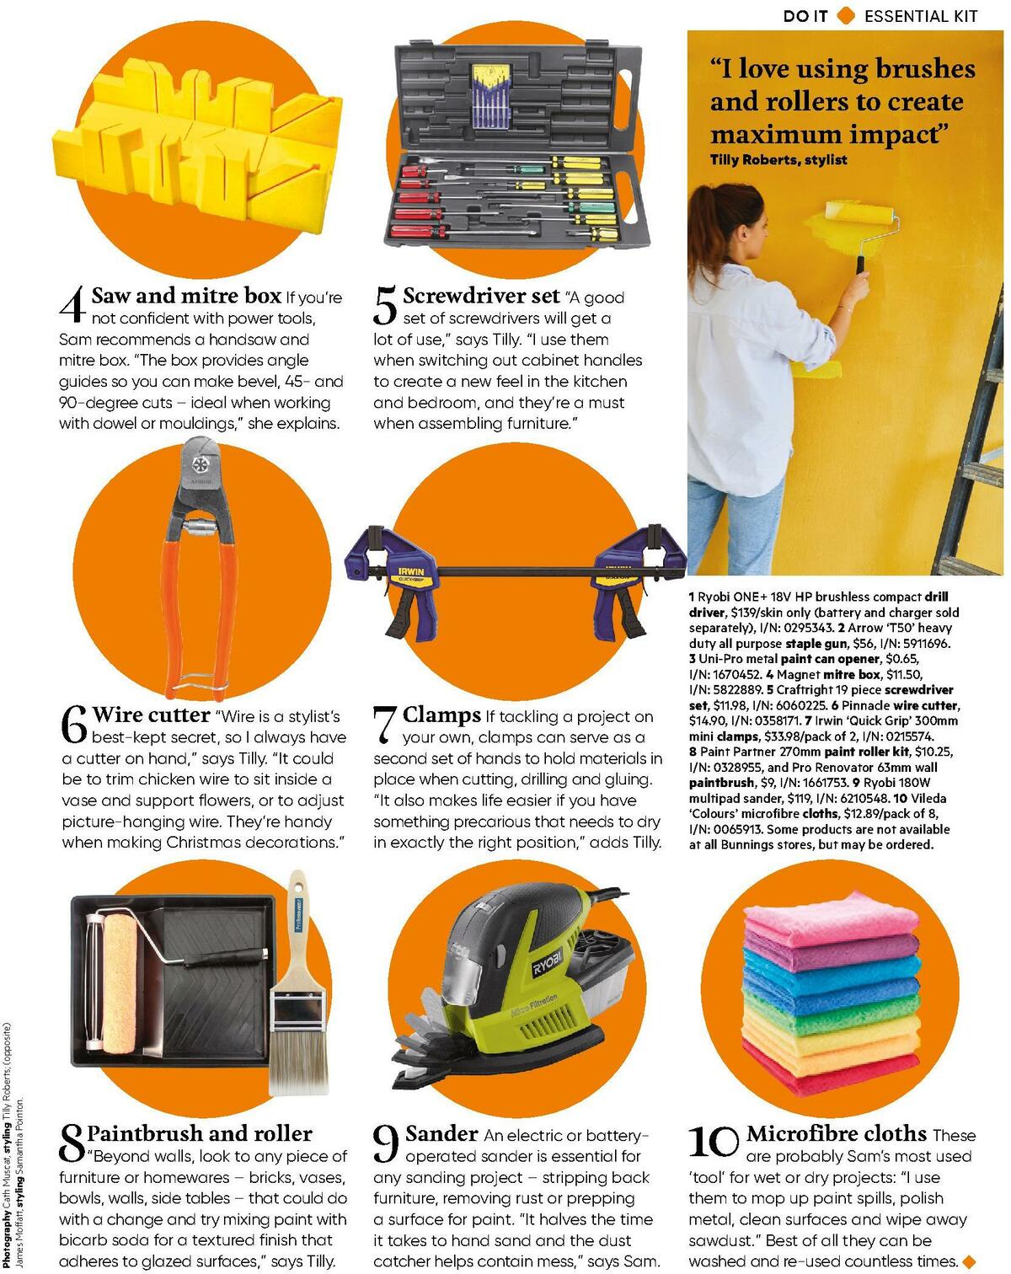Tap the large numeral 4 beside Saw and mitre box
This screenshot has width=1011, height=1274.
[73, 305]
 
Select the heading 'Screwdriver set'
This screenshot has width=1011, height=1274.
[480, 296]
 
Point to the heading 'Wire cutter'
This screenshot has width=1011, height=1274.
[151, 715]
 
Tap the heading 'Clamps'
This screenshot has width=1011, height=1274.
[441, 715]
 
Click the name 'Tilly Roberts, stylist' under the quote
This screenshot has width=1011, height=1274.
[778, 160]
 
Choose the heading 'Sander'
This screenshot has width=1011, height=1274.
[441, 1133]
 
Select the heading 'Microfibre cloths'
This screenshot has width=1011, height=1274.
[836, 1133]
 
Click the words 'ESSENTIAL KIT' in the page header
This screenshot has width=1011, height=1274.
[921, 15]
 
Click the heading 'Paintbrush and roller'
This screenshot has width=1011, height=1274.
[199, 1133]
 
